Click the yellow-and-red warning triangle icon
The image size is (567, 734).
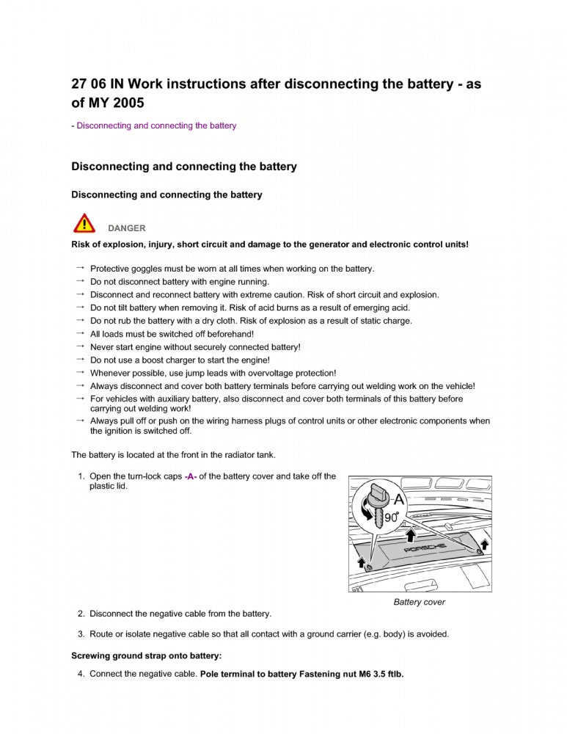click(x=85, y=223)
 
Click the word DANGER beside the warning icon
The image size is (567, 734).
click(x=127, y=228)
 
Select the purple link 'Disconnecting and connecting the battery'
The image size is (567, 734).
click(x=156, y=126)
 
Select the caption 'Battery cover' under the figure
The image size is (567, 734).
click(x=419, y=603)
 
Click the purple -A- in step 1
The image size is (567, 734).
click(x=190, y=477)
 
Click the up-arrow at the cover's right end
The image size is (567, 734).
click(x=483, y=545)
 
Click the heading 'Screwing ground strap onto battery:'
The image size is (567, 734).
click(x=146, y=655)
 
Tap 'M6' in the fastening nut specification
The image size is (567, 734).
click(x=359, y=674)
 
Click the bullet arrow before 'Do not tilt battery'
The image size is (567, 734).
click(x=78, y=307)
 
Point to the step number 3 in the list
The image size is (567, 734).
click(x=81, y=633)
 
